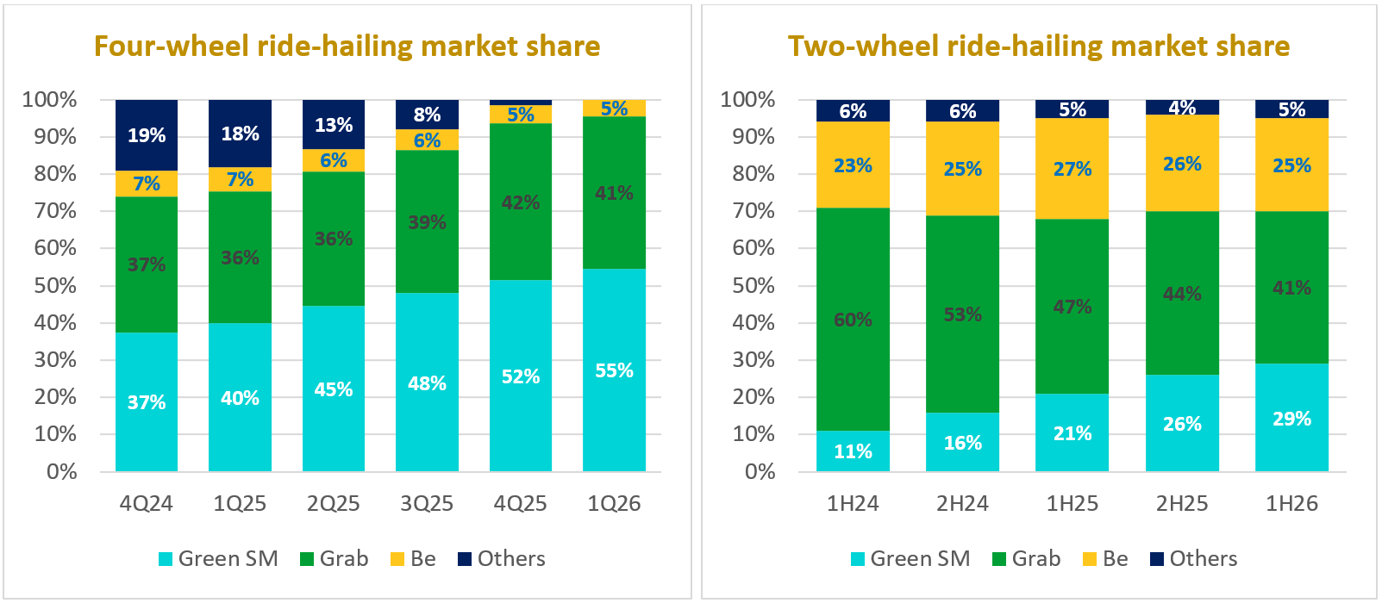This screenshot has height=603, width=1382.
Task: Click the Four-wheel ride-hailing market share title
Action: [x=347, y=47]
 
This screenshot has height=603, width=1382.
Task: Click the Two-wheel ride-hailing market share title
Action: [x=1039, y=47]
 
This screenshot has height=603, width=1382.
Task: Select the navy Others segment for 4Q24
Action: [x=147, y=135]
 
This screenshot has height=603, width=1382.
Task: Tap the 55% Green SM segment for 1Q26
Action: [x=614, y=370]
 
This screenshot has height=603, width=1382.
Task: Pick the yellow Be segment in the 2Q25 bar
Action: [x=333, y=160]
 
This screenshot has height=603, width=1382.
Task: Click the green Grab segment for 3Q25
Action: [x=427, y=221]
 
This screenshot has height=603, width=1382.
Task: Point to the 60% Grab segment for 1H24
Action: [x=853, y=320]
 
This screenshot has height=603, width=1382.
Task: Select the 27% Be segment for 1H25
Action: [x=1072, y=168]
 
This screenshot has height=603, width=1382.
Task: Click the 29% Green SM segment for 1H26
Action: [x=1292, y=418]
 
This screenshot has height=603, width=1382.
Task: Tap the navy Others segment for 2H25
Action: [x=1182, y=108]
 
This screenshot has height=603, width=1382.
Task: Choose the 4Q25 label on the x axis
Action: [x=520, y=504]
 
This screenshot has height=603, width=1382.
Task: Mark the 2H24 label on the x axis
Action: [x=962, y=504]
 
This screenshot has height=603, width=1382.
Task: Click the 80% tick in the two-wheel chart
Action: [x=754, y=174]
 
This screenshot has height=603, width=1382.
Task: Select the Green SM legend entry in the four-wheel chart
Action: [x=218, y=558]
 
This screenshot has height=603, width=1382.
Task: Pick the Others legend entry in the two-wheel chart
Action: [x=1194, y=558]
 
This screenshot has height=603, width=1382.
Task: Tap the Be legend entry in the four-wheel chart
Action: [x=413, y=558]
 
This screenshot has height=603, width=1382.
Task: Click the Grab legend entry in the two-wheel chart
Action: [x=1027, y=558]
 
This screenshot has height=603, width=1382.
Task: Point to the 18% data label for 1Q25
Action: [x=240, y=134]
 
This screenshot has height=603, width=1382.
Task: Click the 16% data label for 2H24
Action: [x=962, y=443]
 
